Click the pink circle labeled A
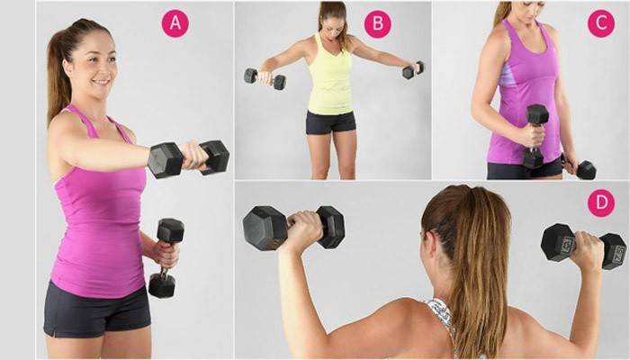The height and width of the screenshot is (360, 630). (x=175, y=23)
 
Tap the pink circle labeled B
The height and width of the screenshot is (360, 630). (x=378, y=23)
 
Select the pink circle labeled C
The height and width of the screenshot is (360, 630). (x=601, y=23)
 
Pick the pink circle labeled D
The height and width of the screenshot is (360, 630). (x=601, y=202)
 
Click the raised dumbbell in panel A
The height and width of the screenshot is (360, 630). (x=188, y=158)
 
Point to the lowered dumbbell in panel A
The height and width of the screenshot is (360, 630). (x=165, y=257)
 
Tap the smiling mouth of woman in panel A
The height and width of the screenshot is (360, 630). (x=101, y=83)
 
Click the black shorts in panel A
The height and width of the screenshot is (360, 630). (x=96, y=311)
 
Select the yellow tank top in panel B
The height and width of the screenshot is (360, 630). (x=330, y=76)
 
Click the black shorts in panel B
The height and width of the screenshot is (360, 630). (x=330, y=122)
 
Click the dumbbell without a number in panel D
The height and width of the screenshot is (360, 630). (x=293, y=228)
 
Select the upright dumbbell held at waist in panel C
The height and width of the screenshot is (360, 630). (x=535, y=136)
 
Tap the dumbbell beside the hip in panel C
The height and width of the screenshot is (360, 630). (x=580, y=168)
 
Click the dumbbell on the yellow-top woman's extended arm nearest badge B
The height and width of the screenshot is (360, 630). (x=413, y=70)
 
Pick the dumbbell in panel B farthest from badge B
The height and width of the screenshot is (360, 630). (x=265, y=78)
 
